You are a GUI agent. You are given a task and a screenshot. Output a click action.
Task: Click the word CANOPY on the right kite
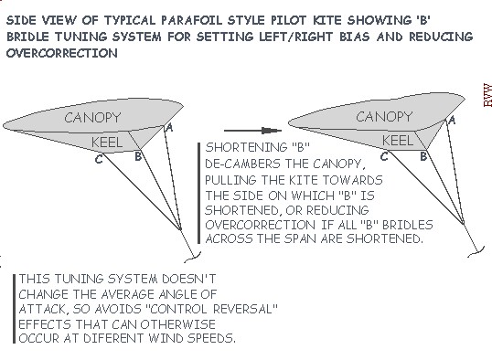click(384, 117)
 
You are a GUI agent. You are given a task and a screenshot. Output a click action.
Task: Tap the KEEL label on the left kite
click(108, 143)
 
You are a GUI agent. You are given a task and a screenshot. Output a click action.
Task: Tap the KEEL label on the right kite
click(395, 140)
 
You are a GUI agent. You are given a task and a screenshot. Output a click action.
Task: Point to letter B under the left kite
click(137, 157)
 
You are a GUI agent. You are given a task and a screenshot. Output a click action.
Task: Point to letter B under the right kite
click(423, 156)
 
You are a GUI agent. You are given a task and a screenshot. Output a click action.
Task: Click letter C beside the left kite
click(97, 160)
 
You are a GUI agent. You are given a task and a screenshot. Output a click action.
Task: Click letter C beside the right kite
click(385, 157)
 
